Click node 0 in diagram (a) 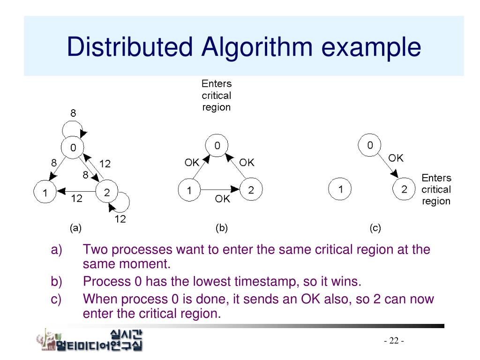(x=73, y=148)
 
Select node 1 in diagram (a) (x=45, y=193)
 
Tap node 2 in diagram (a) (x=107, y=192)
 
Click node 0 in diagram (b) (x=217, y=146)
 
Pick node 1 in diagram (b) (x=189, y=191)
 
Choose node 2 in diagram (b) (x=251, y=190)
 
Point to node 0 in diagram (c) (x=370, y=145)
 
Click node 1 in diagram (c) (x=341, y=189)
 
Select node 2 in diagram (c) (x=404, y=189)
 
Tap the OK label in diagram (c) (x=396, y=158)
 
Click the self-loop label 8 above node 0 (x=73, y=113)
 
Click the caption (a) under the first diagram (x=75, y=228)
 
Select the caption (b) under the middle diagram (x=221, y=228)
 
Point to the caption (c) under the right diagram (x=375, y=228)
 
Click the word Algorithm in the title (x=257, y=47)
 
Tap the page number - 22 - (x=394, y=340)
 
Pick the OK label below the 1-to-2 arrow (x=223, y=199)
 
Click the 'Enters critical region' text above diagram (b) (x=217, y=96)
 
